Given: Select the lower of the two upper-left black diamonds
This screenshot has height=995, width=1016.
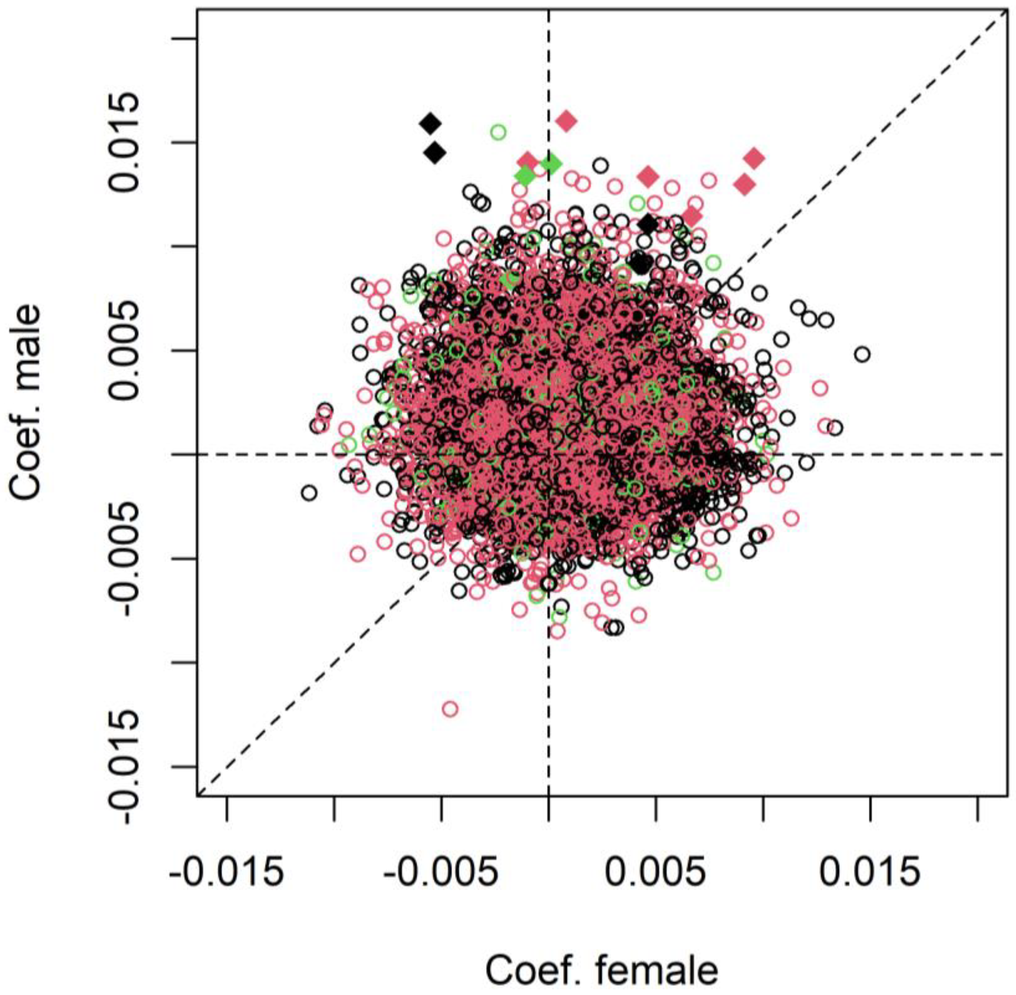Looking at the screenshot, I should tap(435, 153).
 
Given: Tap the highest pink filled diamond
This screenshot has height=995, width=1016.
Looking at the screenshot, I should tap(566, 121).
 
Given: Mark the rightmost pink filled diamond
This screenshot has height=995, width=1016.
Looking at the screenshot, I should tap(754, 158).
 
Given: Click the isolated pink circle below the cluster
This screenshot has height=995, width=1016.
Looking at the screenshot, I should tap(450, 709).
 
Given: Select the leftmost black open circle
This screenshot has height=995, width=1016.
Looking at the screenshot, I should tap(309, 493).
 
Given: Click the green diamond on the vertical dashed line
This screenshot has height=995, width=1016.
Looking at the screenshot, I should tap(551, 164).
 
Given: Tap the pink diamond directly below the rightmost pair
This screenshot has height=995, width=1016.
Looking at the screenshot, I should tap(692, 215).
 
